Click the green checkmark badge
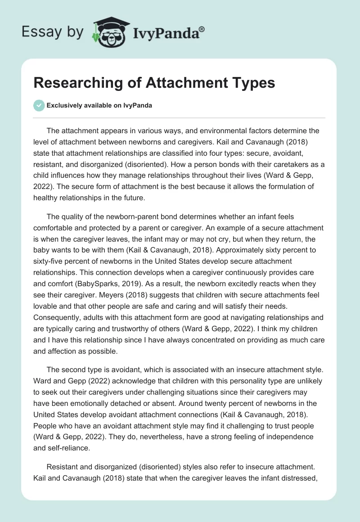39,105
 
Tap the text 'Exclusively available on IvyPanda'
99,105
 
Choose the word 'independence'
294,436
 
